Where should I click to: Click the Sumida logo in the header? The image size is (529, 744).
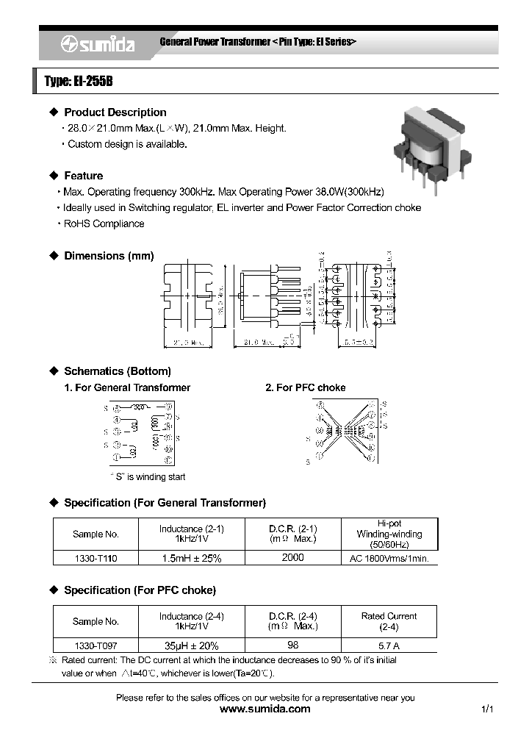click(97, 45)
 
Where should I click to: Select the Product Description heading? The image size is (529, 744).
click(115, 112)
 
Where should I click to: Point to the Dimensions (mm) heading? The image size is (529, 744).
click(109, 256)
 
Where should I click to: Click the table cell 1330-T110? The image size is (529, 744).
click(96, 558)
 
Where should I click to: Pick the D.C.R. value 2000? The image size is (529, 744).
click(292, 557)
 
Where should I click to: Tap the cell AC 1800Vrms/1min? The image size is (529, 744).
click(389, 558)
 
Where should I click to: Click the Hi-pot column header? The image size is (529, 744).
click(389, 534)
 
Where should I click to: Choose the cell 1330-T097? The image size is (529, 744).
click(96, 645)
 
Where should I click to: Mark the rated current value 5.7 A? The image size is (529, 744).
click(389, 645)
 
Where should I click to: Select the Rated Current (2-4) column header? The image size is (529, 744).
click(389, 621)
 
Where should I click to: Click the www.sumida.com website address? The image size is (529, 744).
click(265, 709)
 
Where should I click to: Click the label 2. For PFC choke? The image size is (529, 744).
click(305, 387)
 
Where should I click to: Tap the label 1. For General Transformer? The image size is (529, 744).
click(127, 387)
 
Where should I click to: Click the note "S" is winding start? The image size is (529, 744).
click(148, 476)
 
